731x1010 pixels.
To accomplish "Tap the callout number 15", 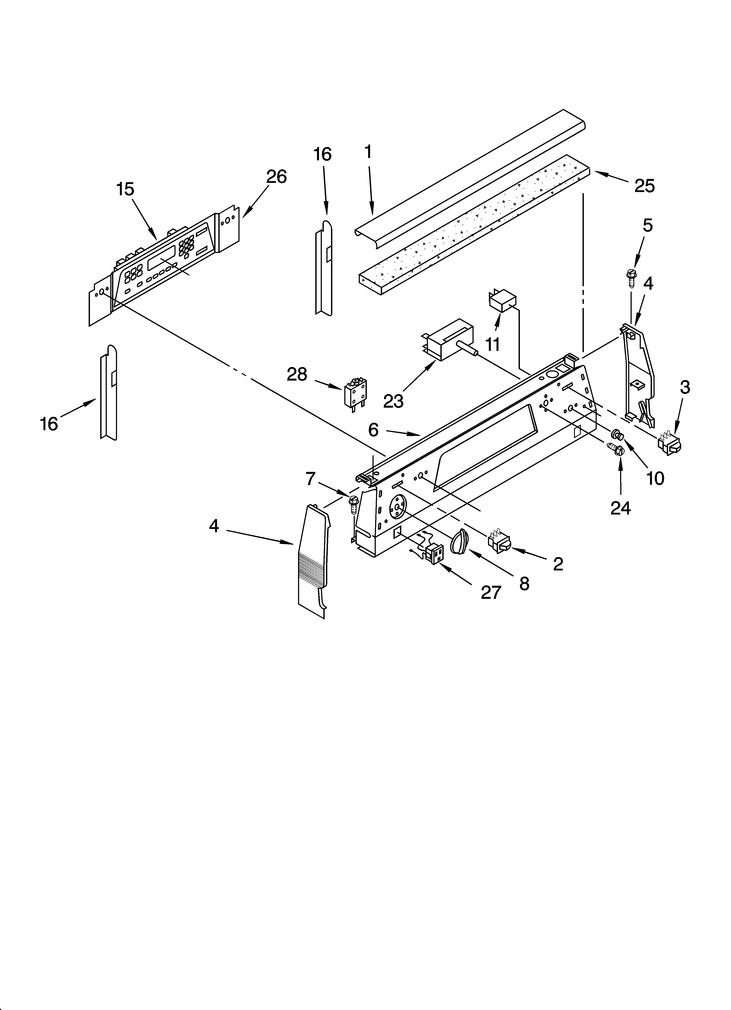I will coord(125,189).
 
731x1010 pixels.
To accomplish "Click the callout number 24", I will coord(620,507).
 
